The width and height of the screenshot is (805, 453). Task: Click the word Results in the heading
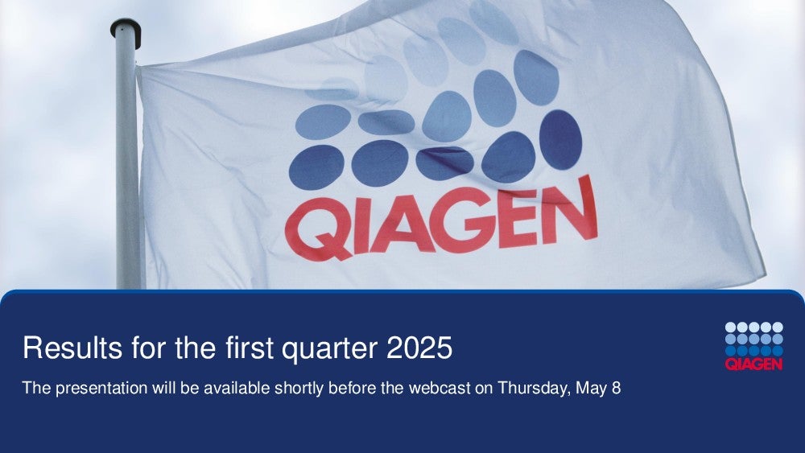72,348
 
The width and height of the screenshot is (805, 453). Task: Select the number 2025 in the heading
419,348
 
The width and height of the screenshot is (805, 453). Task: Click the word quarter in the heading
329,349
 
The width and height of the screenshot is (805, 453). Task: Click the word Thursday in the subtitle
534,389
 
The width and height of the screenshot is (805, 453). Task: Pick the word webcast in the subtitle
440,388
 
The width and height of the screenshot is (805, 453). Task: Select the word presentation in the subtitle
101,389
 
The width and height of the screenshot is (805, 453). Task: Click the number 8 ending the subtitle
616,388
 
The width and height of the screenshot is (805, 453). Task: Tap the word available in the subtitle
237,388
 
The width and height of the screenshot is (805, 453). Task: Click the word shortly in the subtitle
299,389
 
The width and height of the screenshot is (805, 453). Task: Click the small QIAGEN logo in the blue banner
753,346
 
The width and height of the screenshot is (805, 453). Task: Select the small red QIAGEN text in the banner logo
753,364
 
